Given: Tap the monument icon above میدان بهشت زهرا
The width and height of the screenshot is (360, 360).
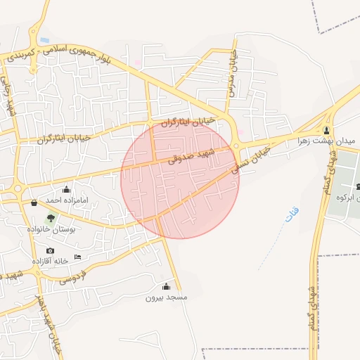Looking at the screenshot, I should (x=326, y=131).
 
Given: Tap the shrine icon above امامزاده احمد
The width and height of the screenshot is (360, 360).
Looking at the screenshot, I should (x=67, y=189).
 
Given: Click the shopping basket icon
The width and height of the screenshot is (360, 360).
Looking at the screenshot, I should (x=34, y=203).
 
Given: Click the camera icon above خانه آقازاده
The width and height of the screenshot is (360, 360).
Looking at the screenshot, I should (x=50, y=251).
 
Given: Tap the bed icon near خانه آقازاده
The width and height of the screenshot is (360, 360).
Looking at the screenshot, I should (x=77, y=257).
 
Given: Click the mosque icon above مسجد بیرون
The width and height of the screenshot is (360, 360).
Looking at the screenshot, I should (x=166, y=286).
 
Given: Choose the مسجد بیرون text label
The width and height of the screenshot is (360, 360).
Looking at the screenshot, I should (x=166, y=297).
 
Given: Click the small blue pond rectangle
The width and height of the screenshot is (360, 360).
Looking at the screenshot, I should (x=44, y=39).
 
